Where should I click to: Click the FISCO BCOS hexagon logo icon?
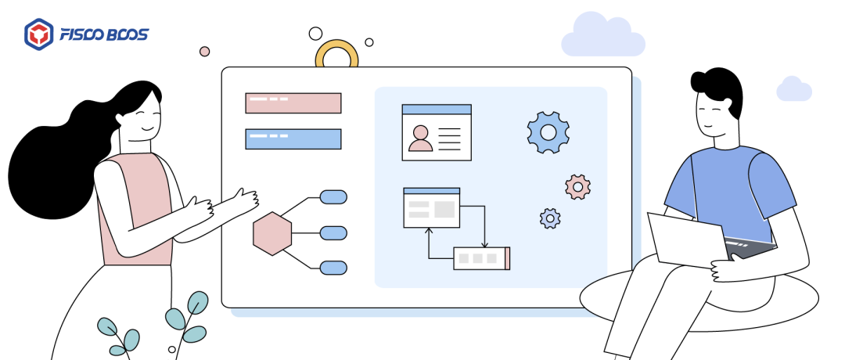[38, 34]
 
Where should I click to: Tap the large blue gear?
[548, 131]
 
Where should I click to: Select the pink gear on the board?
[577, 186]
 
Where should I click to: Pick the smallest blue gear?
[550, 218]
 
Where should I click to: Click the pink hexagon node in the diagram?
[272, 233]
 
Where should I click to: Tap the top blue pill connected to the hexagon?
[333, 196]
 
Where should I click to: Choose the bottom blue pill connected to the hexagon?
[333, 268]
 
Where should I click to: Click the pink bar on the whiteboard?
[293, 103]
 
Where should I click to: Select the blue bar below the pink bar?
[293, 139]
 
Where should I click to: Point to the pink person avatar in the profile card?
[420, 139]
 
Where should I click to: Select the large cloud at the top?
[602, 36]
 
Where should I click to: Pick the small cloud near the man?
[793, 89]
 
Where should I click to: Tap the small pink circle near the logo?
[205, 52]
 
